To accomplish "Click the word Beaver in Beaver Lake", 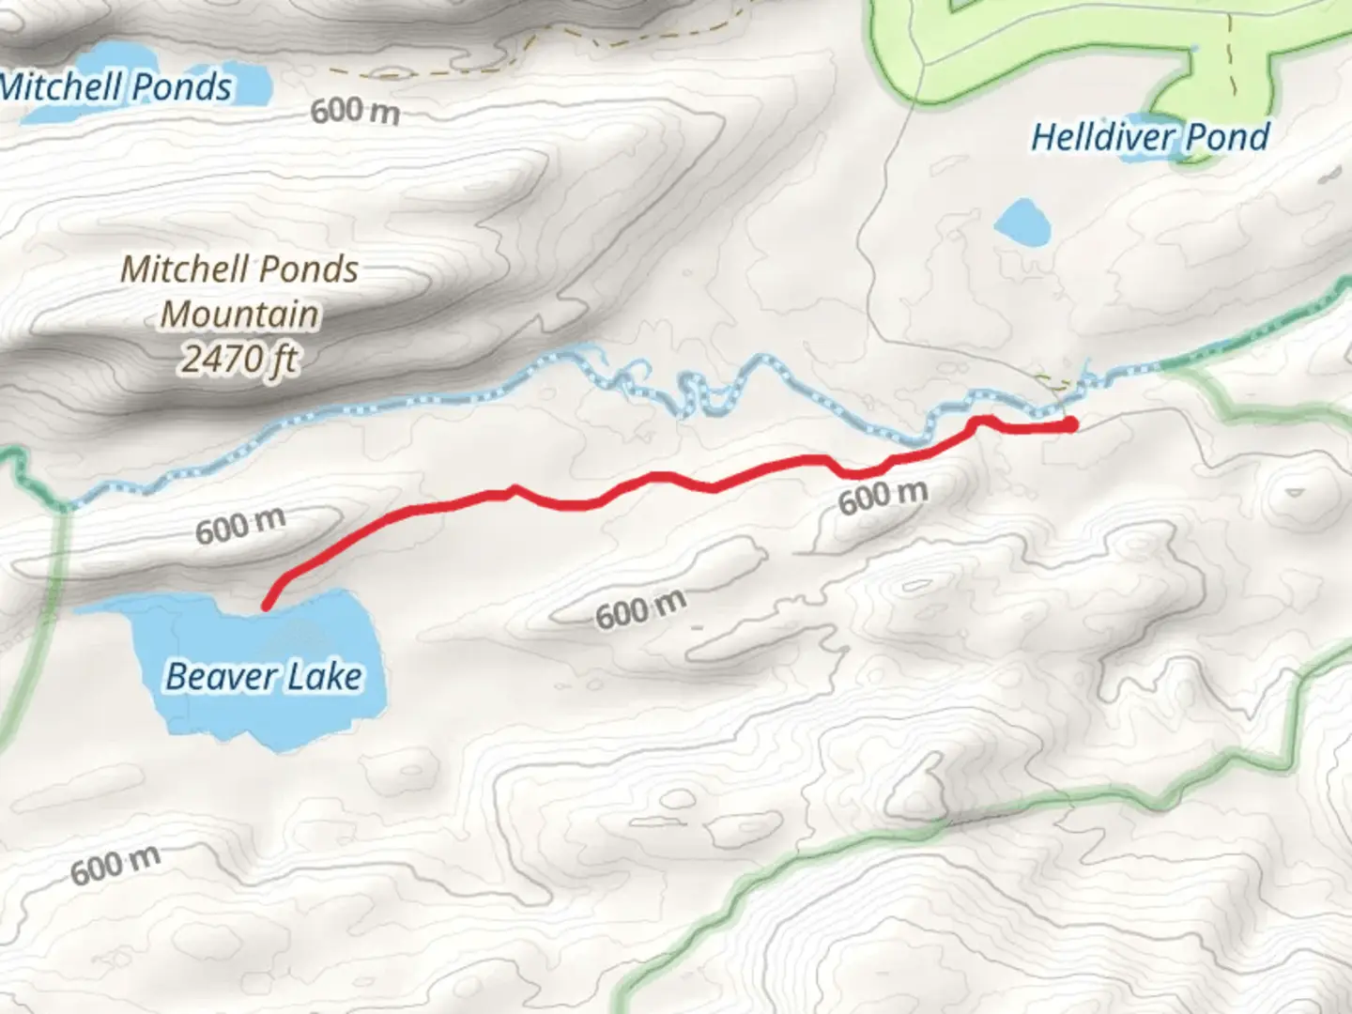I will pos(212,676).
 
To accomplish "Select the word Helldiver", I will pos(1090,138).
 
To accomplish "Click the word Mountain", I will pos(240,314).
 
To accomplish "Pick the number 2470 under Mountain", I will pos(218,359).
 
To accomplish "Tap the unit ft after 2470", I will pos(283,359).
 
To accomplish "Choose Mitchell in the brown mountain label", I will pos(188,269).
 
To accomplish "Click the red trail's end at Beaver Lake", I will pos(267,606).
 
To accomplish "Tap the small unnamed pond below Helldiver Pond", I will pos(1022,223).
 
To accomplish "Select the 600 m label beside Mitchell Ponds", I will pos(355,111).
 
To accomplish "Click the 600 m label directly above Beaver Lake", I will pos(240,526).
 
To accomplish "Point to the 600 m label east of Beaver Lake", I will pos(640,610).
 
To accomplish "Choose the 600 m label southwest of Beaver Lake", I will pos(115,866).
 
